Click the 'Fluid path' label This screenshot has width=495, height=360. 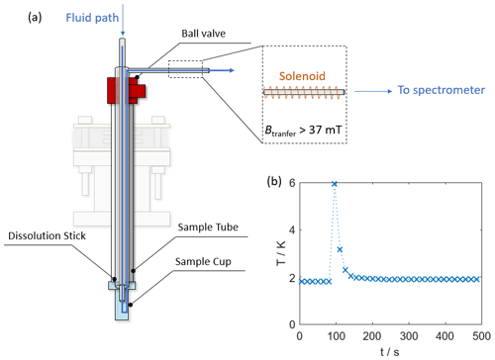coord(92,18)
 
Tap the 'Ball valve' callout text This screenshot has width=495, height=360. coord(204,34)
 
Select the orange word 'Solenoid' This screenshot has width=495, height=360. coord(302,76)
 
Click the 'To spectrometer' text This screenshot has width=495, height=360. coord(442,90)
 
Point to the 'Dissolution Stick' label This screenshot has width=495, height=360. coord(47,235)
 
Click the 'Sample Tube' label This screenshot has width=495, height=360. coord(208,226)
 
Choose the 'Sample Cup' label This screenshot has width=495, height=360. coord(203,261)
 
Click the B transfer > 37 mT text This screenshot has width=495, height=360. coord(303,131)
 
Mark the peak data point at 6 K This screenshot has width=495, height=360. coord(335,184)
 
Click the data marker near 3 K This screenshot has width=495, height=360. coord(340,249)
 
